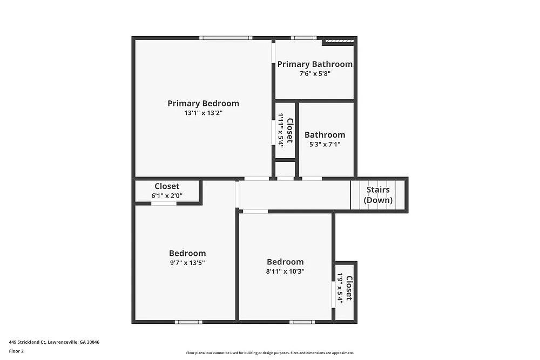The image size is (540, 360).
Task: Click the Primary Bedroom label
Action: [x=203, y=104]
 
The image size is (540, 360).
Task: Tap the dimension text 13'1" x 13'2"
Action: [x=203, y=113]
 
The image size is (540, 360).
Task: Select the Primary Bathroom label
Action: [x=315, y=64]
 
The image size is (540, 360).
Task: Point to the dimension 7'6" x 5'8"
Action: [x=315, y=73]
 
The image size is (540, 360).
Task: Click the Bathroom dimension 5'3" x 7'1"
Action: [x=325, y=145]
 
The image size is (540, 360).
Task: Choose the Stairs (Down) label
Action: [x=378, y=195]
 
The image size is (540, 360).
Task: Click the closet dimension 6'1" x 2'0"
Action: [x=167, y=195]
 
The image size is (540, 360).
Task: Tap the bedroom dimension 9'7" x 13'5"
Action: [x=187, y=263]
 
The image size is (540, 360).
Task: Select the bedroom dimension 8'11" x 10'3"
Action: [x=285, y=271]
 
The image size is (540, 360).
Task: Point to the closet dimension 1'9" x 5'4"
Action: [x=341, y=287]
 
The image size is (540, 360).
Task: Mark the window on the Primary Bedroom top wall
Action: [x=226, y=38]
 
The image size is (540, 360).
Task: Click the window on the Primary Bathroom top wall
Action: [x=303, y=38]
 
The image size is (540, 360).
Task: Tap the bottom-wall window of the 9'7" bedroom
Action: [x=188, y=322]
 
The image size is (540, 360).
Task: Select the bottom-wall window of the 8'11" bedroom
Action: [x=302, y=322]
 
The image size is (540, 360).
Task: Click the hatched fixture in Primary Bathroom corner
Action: [x=339, y=41]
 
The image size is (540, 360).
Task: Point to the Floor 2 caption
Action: [x=16, y=351]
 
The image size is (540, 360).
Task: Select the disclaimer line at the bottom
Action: [x=270, y=352]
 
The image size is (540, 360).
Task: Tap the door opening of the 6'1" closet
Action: [x=164, y=203]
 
